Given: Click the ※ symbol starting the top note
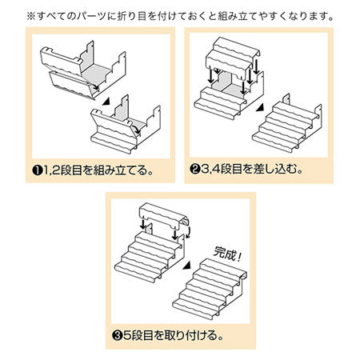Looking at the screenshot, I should tap(30, 15).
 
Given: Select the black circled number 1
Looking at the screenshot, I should tap(38, 170).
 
